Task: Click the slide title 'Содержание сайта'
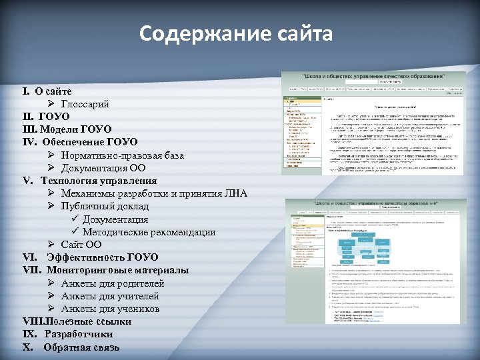click(236, 33)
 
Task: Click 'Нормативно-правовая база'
click(123, 155)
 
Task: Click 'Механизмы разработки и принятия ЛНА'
click(154, 193)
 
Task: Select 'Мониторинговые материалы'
click(117, 270)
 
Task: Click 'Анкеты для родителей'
click(113, 283)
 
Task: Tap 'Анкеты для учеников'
click(110, 309)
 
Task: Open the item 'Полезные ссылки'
click(87, 321)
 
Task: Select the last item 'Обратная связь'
click(81, 347)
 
